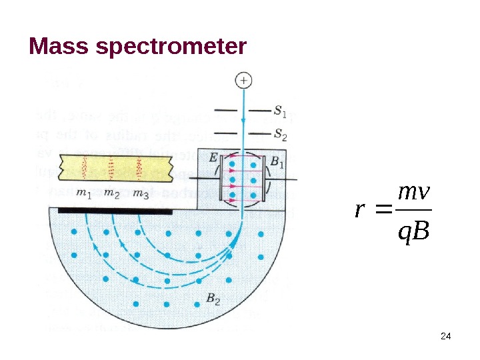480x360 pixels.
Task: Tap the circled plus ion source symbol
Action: point(244,81)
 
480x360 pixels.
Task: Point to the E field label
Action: point(213,159)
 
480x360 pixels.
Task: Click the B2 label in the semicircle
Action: point(213,299)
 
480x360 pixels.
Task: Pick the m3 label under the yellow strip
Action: point(141,195)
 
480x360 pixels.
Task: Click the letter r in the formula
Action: point(360,211)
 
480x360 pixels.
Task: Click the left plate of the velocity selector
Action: point(224,180)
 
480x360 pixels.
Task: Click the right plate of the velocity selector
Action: point(265,180)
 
